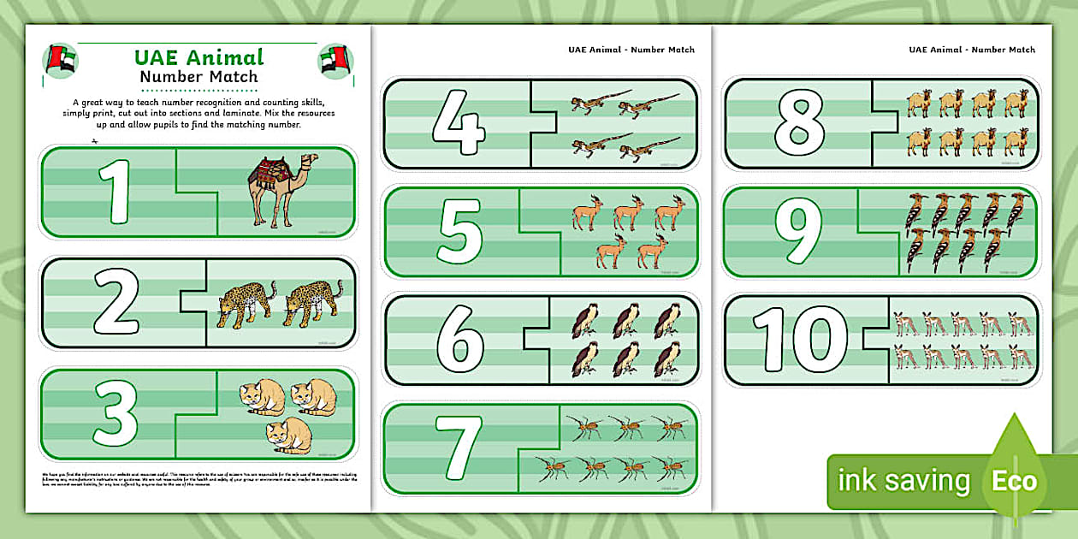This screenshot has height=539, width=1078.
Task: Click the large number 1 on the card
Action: (115, 192)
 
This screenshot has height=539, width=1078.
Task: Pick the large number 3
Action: (115, 414)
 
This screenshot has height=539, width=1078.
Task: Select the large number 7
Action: (459, 448)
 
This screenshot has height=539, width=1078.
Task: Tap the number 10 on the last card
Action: (795, 340)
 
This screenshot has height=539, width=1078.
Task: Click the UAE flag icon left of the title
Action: (60, 61)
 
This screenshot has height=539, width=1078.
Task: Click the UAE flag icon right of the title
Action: (335, 61)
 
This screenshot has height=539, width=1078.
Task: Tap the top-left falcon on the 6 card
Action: (585, 320)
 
